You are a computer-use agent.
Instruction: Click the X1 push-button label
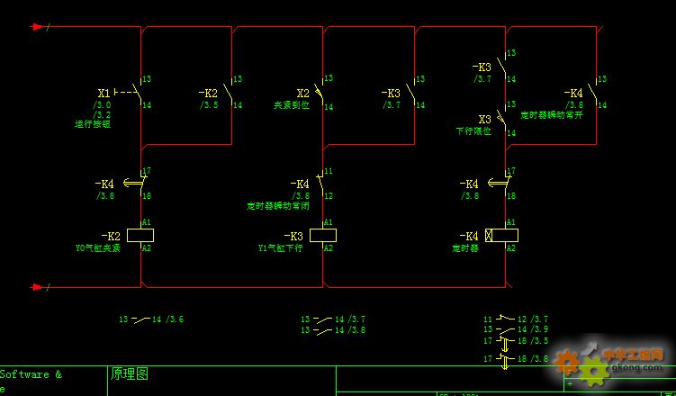104,93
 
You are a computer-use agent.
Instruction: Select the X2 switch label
303,93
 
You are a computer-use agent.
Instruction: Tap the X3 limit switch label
484,119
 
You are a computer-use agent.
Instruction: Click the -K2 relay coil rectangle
140,235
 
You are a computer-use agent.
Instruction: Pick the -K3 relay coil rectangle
322,235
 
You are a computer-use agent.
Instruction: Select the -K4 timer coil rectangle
500,235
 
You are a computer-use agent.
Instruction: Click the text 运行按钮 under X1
93,124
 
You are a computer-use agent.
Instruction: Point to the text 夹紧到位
292,105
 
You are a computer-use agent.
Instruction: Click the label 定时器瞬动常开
552,115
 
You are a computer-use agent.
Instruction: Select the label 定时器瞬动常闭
278,205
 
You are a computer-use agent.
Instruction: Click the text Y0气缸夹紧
97,247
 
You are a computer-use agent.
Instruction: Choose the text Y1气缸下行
279,247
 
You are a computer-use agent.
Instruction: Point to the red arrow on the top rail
37,27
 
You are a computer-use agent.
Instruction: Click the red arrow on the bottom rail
37,287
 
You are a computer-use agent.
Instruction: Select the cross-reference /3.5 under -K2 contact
209,105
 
